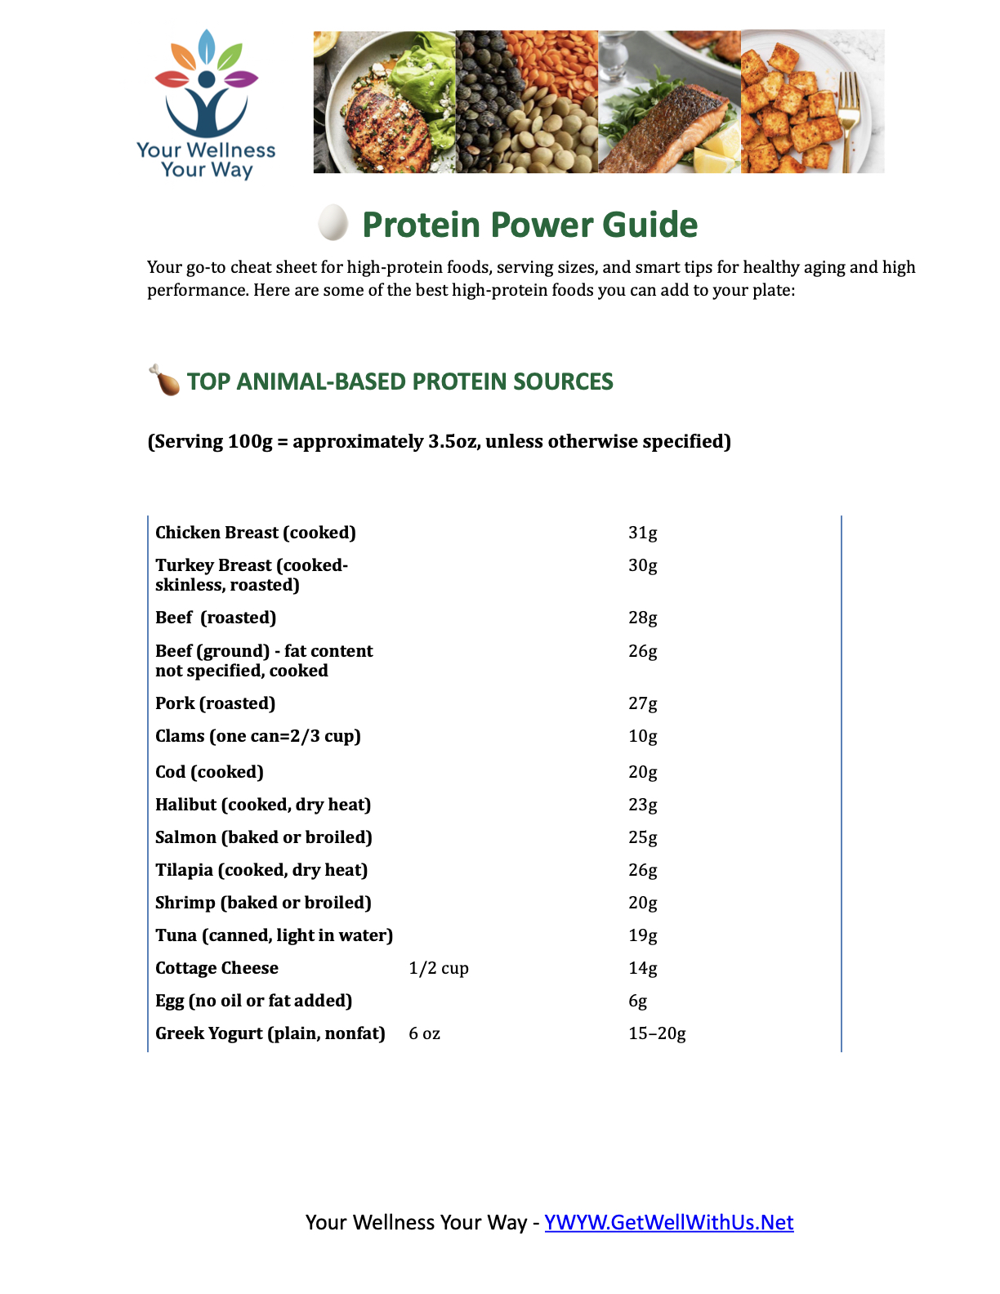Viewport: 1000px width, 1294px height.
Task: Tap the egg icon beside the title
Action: click(333, 222)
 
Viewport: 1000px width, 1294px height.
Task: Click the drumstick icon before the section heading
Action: click(164, 381)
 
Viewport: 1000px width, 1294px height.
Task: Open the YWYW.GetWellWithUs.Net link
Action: click(668, 1222)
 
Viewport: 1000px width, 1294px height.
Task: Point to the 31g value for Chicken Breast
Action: click(642, 533)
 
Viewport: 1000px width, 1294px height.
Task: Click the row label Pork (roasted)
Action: click(215, 703)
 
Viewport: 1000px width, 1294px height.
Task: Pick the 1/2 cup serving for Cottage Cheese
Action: click(438, 968)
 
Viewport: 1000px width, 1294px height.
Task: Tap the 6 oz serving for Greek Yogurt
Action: click(424, 1033)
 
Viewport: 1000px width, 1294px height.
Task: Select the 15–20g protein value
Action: click(656, 1033)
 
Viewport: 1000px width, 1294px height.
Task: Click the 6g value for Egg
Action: click(637, 1001)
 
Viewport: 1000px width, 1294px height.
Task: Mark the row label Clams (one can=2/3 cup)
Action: click(257, 736)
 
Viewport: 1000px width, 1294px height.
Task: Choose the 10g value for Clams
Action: click(642, 736)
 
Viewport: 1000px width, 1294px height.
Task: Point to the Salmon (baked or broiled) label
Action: click(263, 837)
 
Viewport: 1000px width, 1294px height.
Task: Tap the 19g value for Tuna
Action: click(642, 935)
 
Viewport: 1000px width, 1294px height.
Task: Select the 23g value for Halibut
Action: click(642, 805)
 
